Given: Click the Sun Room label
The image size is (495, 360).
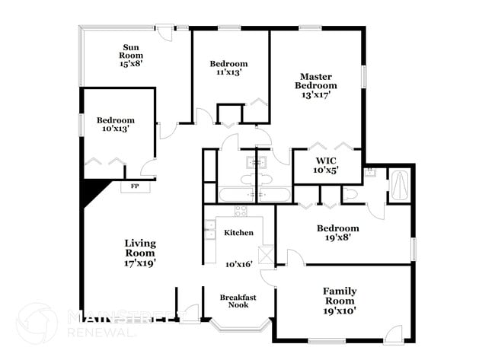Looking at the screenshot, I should click(131, 51).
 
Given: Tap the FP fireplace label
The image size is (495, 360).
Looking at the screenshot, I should click(135, 186).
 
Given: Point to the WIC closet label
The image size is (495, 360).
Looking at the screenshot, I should click(325, 161).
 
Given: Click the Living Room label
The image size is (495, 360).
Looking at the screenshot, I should click(141, 247).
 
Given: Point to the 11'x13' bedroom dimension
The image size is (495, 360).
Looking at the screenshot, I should click(229, 72).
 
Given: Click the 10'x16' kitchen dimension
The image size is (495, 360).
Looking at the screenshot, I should click(238, 263).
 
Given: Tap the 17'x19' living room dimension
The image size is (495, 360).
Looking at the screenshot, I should click(141, 263).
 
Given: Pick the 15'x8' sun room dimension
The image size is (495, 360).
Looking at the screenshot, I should click(131, 64).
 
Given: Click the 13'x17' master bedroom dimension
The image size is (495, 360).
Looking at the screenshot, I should click(317, 95).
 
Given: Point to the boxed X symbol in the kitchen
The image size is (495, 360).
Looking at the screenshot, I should click(266, 255).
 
